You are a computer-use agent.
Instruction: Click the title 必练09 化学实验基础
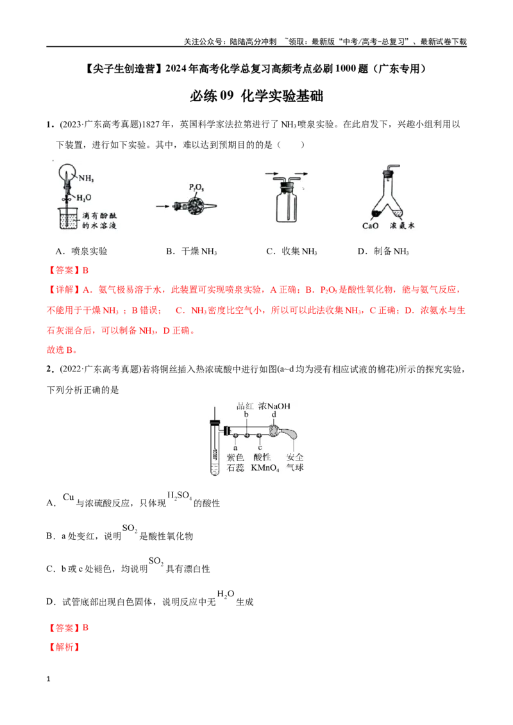[x=256, y=95]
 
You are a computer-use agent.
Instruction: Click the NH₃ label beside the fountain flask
[x=86, y=178]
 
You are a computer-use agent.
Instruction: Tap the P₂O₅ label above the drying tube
[x=196, y=188]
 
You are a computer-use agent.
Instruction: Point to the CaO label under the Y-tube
[x=371, y=225]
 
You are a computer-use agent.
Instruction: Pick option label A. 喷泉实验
[x=81, y=251]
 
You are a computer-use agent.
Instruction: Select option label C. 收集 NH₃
[x=292, y=251]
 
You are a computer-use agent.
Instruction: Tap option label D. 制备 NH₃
[x=383, y=251]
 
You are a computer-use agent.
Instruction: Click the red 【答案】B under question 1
[x=67, y=270]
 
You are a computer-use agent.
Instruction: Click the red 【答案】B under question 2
[x=67, y=628]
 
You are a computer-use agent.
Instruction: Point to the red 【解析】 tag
[x=64, y=647]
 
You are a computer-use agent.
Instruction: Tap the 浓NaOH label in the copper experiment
[x=274, y=406]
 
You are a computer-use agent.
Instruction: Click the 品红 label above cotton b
[x=245, y=406]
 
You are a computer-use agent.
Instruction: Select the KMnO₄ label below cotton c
[x=265, y=468]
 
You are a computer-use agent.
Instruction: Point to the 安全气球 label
[x=295, y=462]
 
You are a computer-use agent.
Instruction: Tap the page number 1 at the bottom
[x=48, y=679]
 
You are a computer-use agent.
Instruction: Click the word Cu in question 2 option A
[x=69, y=497]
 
